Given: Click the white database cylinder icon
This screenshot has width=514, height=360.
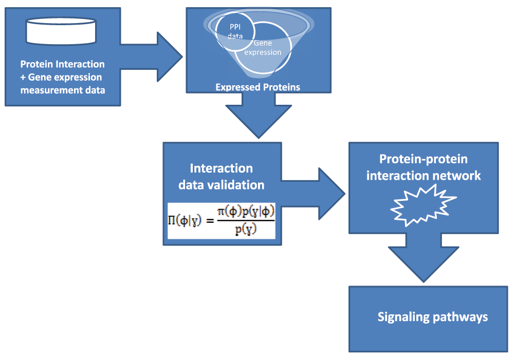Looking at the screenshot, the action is pos(61,31).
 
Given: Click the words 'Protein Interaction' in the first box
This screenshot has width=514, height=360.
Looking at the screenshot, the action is pos(62,64).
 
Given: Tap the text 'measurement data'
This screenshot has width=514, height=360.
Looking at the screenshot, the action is pos(63,90).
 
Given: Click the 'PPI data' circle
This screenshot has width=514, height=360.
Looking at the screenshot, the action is pos(235,31).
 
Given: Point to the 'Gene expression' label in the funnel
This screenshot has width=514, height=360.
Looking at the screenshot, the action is pos(263,47).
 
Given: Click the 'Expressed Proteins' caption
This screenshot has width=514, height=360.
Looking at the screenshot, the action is pos(258,87).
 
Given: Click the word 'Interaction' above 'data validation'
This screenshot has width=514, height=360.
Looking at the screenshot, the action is pos(221,168).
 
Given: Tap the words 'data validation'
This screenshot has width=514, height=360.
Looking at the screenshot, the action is pos(221,185).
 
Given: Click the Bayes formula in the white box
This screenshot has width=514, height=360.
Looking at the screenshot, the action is pos(221,221).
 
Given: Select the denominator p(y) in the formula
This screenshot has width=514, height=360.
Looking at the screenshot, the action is pos(246,230).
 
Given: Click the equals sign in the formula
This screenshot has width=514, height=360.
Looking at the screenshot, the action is pos(210,221).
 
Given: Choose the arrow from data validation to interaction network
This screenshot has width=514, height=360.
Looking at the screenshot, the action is pos(313,194).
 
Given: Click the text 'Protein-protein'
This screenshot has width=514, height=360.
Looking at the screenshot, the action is pos(424,159).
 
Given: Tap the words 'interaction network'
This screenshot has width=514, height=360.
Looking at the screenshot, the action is pos(424,176).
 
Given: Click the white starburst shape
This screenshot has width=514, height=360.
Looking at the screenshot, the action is pos(423,205).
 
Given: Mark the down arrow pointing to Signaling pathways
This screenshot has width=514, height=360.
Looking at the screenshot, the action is pos(424,258).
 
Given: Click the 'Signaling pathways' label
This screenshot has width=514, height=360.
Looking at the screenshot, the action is pos(433,317).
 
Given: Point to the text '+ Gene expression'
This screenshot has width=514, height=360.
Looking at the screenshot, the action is pos(61,78).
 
